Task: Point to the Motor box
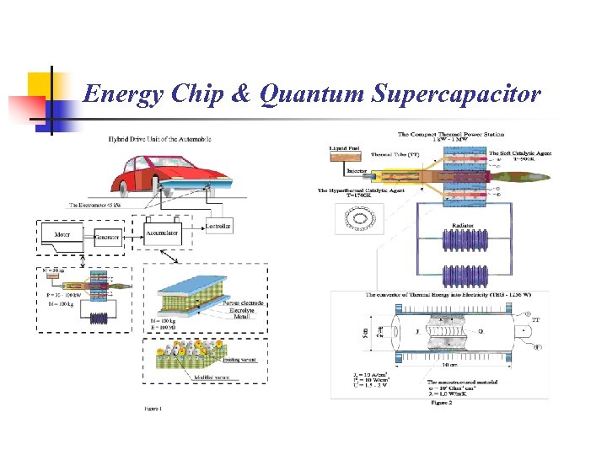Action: (x=62, y=236)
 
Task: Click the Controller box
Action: (x=218, y=226)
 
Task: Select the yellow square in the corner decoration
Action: (x=41, y=85)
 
